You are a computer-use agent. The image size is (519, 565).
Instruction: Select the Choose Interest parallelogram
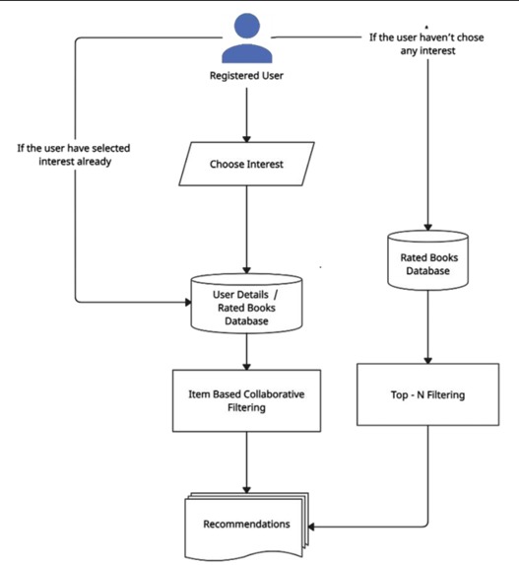[245, 164]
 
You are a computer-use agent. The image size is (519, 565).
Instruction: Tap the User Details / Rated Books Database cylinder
[245, 303]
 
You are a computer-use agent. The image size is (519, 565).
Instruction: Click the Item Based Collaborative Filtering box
[245, 399]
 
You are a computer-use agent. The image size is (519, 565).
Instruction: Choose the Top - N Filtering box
[427, 395]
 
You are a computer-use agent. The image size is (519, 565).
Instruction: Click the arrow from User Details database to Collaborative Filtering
[245, 350]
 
